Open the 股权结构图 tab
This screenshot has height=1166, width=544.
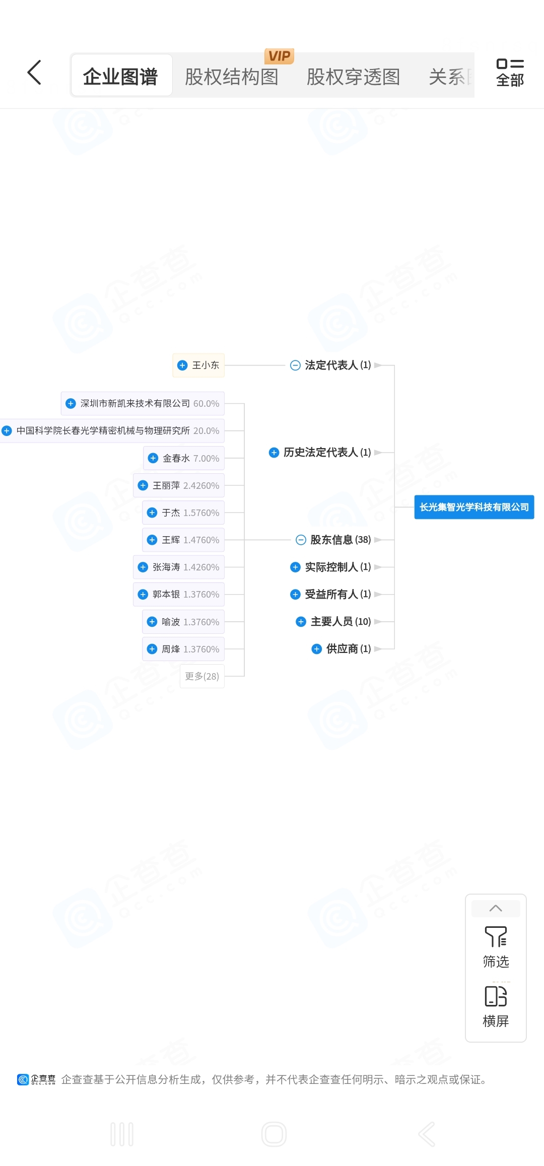pyautogui.click(x=232, y=77)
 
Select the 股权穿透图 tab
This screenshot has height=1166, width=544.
pyautogui.click(x=353, y=77)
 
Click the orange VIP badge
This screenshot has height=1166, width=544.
pyautogui.click(x=279, y=56)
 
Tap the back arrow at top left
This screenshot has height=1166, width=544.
pyautogui.click(x=34, y=72)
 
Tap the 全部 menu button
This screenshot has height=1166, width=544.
pyautogui.click(x=510, y=73)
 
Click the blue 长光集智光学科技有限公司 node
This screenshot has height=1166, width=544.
pyautogui.click(x=474, y=507)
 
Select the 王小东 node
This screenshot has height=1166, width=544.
pyautogui.click(x=198, y=365)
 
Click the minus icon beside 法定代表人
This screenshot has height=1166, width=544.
pyautogui.click(x=296, y=365)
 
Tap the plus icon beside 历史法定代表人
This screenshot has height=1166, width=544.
pyautogui.click(x=274, y=452)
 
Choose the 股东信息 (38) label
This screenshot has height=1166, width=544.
pyautogui.click(x=341, y=540)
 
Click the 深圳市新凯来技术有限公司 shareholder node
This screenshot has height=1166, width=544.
pyautogui.click(x=143, y=403)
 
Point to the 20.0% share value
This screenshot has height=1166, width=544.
pyautogui.click(x=206, y=430)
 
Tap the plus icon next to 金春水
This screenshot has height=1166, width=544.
pyautogui.click(x=153, y=458)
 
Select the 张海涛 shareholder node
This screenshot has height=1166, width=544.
pyautogui.click(x=179, y=567)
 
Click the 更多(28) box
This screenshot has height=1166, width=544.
pyautogui.click(x=202, y=676)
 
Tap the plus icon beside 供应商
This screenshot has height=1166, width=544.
pyautogui.click(x=317, y=649)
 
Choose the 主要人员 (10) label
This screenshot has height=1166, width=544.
pyautogui.click(x=341, y=622)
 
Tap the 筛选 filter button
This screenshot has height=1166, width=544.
pyautogui.click(x=496, y=947)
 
